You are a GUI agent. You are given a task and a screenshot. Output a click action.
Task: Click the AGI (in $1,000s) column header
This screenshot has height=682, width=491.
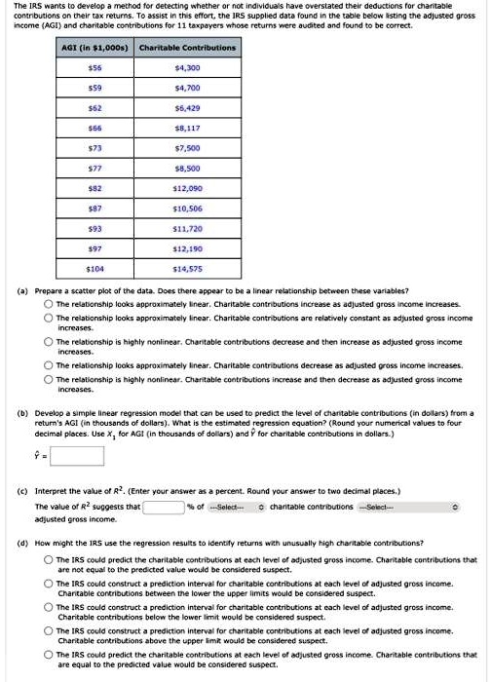pos(94,47)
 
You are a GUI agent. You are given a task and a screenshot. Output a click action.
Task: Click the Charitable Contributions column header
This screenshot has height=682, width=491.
pos(187,47)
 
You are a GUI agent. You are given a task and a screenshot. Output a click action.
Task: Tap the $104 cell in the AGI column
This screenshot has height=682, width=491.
pos(94,266)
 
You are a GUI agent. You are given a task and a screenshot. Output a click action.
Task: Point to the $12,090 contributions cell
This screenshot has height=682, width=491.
pos(187,186)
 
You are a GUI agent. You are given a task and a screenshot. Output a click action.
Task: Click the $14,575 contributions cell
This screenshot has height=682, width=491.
pos(187,266)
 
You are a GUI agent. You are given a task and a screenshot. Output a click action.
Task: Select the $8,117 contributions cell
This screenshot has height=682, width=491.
pos(187,126)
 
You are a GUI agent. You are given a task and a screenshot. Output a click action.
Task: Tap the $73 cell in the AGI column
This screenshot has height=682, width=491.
pos(94,146)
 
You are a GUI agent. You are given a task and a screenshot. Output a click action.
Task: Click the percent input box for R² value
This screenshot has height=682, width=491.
pos(166,507)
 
